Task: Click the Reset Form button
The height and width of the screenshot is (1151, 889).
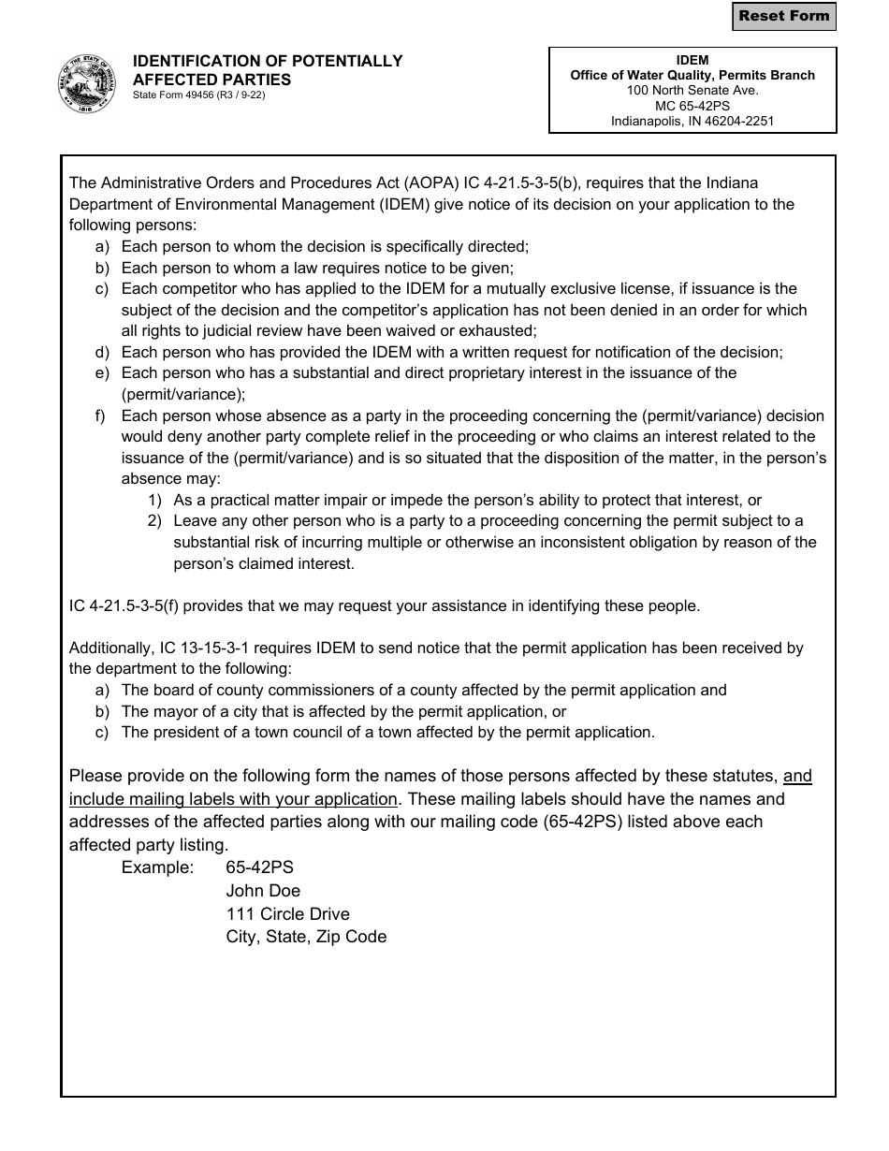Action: point(783,16)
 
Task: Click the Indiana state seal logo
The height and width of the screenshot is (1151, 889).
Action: point(87,83)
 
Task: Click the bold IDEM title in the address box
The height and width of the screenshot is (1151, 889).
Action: point(692,60)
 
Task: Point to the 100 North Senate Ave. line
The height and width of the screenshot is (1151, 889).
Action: point(692,91)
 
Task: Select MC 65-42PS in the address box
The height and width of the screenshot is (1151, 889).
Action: point(692,106)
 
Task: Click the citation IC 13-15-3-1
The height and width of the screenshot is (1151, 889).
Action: point(204,648)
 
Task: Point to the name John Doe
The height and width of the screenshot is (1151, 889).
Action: point(263,891)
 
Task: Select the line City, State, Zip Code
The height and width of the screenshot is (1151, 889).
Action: point(306,937)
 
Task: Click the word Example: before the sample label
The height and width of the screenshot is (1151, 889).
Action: point(157,867)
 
